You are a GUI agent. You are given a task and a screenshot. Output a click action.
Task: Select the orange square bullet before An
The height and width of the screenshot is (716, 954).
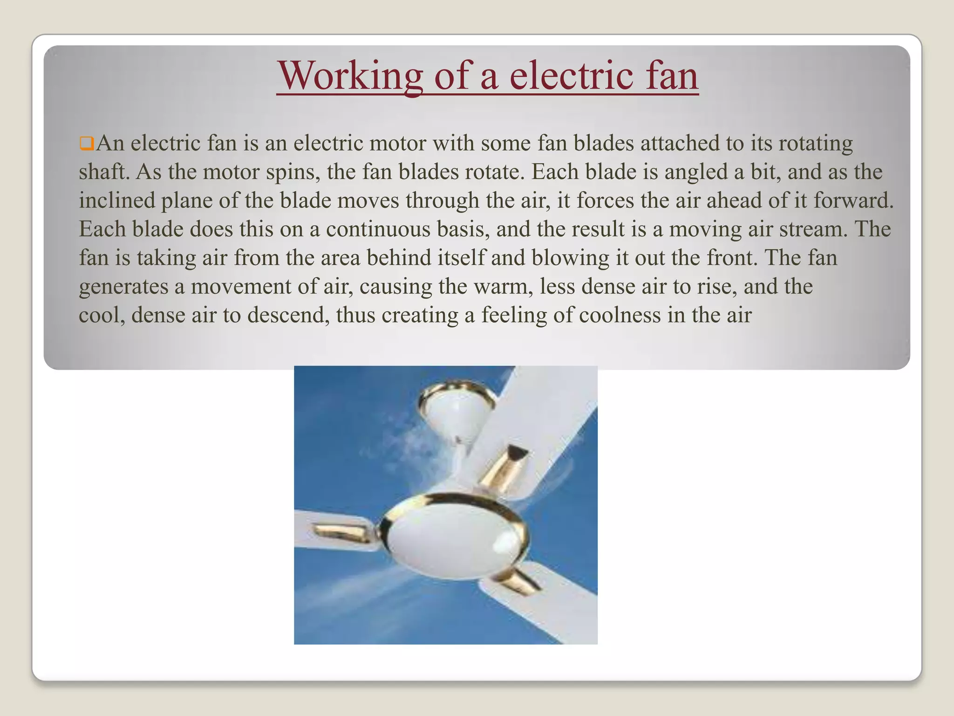(x=86, y=143)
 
